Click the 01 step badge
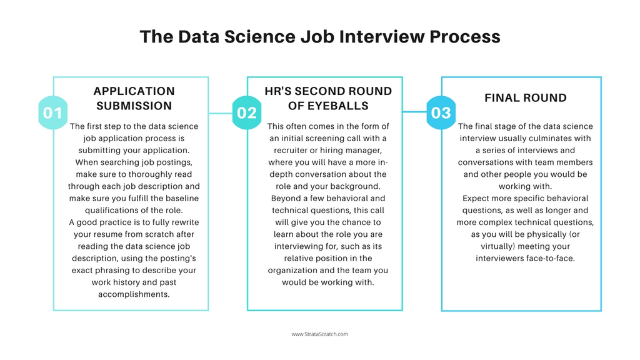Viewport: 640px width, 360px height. pos(52,113)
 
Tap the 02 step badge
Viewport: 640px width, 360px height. pos(247,113)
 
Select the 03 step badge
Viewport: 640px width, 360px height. pos(441,113)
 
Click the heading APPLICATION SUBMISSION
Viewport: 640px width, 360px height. pos(134,98)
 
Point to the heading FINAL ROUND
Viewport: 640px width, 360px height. pos(526,98)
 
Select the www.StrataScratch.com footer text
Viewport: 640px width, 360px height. pos(319,334)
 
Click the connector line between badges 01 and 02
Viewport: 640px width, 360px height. pos(220,113)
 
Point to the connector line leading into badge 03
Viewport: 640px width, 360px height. pos(414,113)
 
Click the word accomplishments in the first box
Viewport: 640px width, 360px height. pos(134,294)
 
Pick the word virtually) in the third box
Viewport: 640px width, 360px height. pos(497,246)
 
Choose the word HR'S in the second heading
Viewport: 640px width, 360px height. pos(279,91)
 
